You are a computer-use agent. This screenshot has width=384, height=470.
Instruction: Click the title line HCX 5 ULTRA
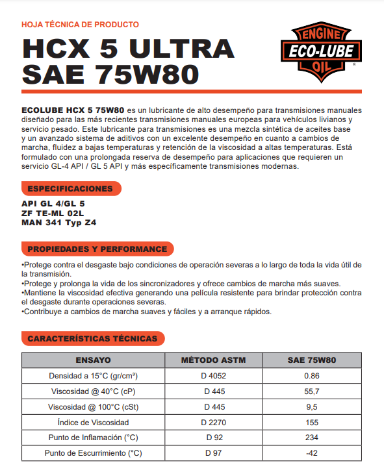coord(128,49)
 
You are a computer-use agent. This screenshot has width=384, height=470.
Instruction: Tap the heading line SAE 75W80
coord(110,74)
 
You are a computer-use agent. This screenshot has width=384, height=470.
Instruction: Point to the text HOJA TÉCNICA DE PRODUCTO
coord(80,25)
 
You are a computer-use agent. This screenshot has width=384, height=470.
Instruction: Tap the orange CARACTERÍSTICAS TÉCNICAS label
coord(92,339)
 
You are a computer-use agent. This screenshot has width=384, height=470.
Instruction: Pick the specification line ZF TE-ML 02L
coord(53,212)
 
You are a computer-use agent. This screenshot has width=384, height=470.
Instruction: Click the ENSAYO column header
coord(94,360)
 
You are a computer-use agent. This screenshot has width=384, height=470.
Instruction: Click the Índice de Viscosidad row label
coord(94,423)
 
